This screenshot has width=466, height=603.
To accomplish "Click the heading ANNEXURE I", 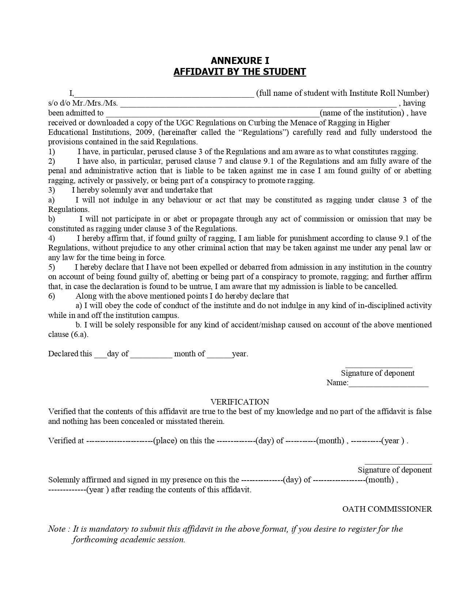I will coord(240,61).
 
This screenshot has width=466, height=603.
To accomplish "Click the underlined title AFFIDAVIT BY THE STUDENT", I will coord(240,72).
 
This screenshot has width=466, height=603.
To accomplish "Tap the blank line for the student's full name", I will coord(164,94).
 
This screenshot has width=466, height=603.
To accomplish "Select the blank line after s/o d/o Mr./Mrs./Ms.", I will coord(258,104).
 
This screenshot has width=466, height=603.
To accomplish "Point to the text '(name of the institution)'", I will coord(362,113).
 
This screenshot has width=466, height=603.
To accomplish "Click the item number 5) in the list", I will coord(52,267).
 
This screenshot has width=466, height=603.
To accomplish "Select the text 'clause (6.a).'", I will coord(68,334).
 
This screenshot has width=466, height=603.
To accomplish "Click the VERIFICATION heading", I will coord(240,402).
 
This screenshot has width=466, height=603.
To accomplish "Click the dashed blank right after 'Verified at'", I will coord(120,441).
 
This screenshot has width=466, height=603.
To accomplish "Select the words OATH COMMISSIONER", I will coord(387,509).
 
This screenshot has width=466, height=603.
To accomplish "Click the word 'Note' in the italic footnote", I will coord(57,529).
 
